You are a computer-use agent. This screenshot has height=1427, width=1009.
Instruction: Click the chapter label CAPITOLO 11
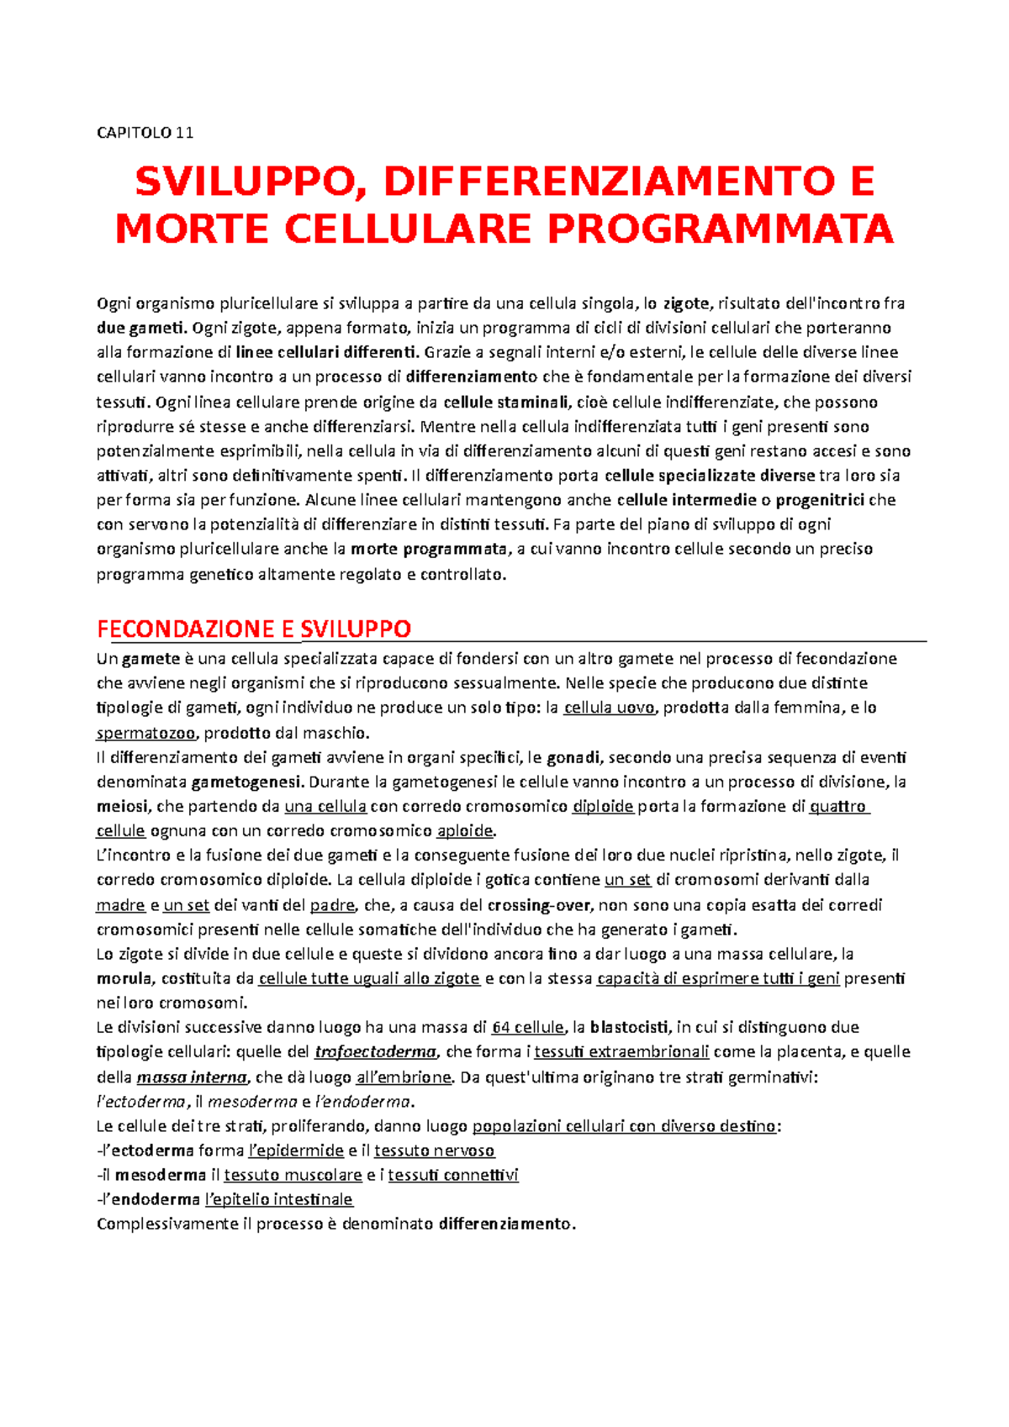pyautogui.click(x=145, y=133)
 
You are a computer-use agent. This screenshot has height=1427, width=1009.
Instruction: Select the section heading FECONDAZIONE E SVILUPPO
pyautogui.click(x=254, y=629)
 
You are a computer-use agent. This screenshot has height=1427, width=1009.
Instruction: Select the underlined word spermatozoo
pyautogui.click(x=146, y=733)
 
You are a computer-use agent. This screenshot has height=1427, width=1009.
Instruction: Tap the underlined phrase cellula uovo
pyautogui.click(x=609, y=708)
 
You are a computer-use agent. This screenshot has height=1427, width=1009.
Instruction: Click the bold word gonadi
pyautogui.click(x=573, y=757)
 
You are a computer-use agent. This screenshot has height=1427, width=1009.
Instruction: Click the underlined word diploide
pyautogui.click(x=602, y=807)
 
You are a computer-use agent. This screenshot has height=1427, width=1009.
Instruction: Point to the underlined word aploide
pyautogui.click(x=465, y=831)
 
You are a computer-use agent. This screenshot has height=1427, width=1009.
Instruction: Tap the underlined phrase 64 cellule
pyautogui.click(x=527, y=1027)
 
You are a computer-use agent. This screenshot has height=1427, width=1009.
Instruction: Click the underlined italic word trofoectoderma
pyautogui.click(x=375, y=1052)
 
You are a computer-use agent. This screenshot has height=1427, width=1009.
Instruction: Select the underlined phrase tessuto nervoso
pyautogui.click(x=434, y=1151)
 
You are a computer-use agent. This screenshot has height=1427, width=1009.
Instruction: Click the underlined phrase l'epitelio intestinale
pyautogui.click(x=279, y=1199)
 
